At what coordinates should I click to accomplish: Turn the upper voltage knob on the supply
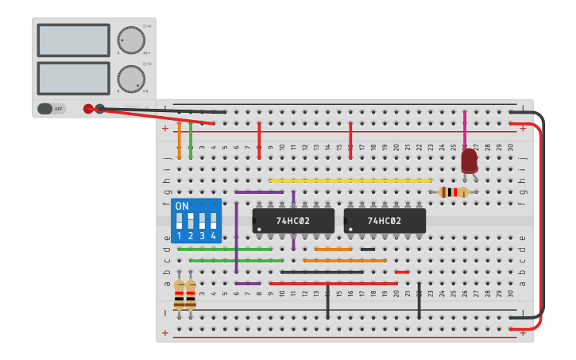tap(130, 40)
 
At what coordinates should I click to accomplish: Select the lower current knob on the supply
tap(130, 78)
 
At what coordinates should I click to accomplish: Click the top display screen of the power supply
tap(73, 40)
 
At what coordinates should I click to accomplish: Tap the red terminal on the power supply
tap(88, 109)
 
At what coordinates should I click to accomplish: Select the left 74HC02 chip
tap(293, 221)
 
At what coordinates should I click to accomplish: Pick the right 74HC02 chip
tap(385, 221)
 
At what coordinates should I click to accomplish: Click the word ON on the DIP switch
tap(182, 207)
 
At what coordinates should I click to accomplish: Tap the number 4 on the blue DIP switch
tap(213, 236)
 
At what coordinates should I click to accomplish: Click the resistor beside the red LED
tap(453, 192)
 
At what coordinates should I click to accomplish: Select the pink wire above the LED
tap(465, 127)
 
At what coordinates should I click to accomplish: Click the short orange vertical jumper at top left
tap(179, 140)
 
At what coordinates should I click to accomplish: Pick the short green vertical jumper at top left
tap(191, 140)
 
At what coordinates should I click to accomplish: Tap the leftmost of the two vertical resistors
tap(179, 293)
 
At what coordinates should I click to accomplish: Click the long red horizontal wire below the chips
tap(334, 283)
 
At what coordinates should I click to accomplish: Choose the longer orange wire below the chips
tap(345, 260)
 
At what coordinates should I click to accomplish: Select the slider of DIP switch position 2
tap(191, 220)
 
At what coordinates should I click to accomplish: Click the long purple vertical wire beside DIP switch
tap(236, 237)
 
